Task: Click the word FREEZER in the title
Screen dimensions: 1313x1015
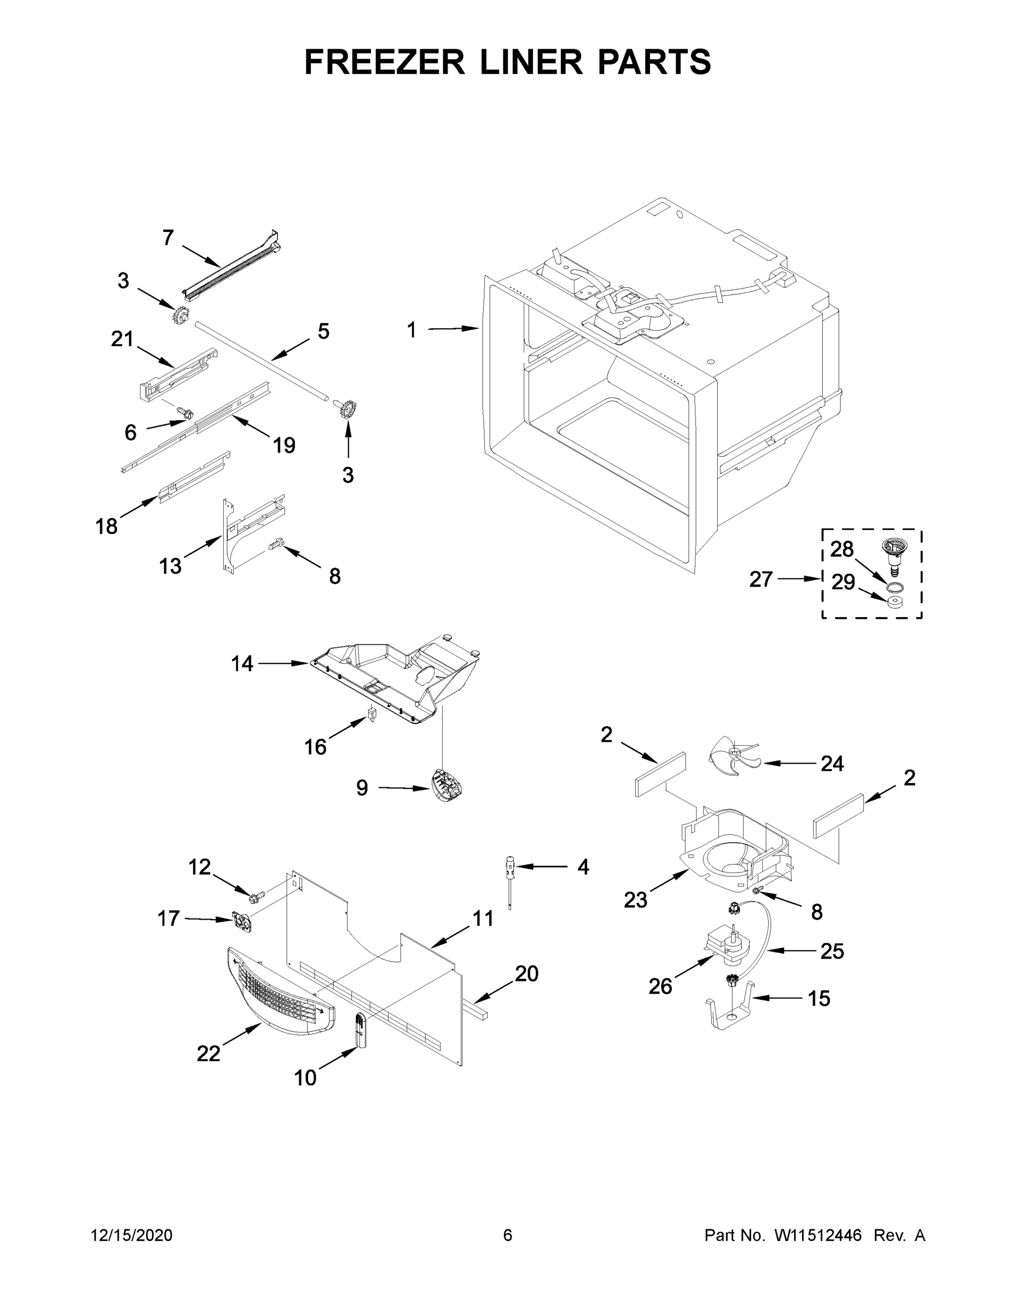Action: coord(384,62)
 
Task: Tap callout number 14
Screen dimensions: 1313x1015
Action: coord(242,664)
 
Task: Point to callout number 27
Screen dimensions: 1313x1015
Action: coord(761,579)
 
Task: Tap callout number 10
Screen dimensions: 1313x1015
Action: coord(305,1078)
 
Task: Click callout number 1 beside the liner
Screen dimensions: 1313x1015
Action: coord(411,330)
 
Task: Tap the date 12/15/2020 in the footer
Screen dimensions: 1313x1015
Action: coord(132,1235)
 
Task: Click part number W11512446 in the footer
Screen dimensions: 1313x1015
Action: coord(818,1235)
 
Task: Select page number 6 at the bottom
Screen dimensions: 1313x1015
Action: coord(508,1235)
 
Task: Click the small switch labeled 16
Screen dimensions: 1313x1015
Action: coord(371,716)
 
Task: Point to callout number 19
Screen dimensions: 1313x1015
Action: coord(284,445)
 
